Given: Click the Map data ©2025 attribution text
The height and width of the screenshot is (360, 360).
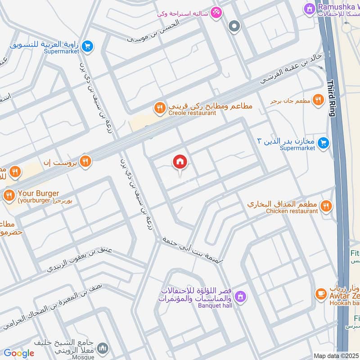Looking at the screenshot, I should [336, 355].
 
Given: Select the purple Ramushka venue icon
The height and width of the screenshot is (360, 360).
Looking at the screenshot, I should [309, 8].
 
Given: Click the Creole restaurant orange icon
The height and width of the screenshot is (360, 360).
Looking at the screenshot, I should [159, 108].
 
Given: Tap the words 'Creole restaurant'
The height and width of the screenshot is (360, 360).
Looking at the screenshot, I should [192, 113].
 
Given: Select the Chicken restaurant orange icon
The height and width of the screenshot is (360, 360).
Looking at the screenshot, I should [326, 206].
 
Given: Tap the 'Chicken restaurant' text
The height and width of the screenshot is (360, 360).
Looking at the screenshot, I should [292, 211].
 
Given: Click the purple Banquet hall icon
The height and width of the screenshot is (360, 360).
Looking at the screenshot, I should [241, 296].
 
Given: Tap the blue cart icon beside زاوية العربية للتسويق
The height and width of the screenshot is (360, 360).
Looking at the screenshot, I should [88, 45].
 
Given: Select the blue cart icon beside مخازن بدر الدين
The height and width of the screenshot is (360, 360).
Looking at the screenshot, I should [323, 143].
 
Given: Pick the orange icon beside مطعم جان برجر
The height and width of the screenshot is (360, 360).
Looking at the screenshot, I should [319, 100].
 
